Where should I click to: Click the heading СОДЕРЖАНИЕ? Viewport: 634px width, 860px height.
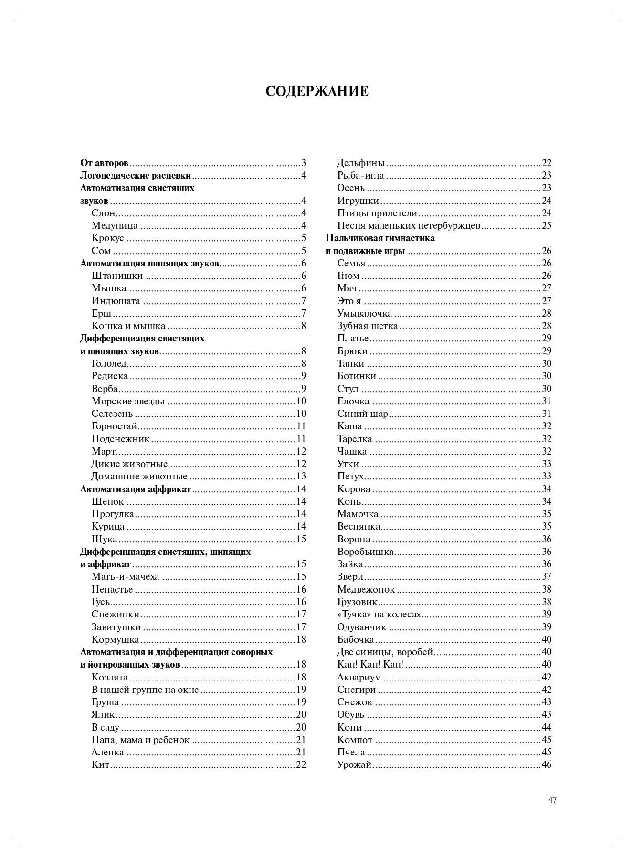coord(317,91)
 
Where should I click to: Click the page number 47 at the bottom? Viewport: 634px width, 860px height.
coord(553,800)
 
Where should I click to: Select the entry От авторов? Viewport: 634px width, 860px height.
coord(104,163)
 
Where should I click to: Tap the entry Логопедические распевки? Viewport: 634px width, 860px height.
coord(136,175)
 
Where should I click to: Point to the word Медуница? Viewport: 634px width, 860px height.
coord(115,225)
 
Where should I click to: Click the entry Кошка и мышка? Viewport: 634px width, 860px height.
coord(128,326)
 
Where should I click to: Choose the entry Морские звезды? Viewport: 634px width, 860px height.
coord(128,401)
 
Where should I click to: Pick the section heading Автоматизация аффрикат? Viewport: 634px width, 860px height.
coord(136,489)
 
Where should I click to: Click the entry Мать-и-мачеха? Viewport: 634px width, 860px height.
coord(125,576)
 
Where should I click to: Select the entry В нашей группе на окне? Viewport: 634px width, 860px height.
coord(145,690)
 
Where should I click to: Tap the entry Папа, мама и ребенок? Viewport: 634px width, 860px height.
coord(140,740)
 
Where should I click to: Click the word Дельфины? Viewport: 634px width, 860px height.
coord(361,163)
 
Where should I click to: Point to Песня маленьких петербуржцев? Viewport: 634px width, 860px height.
coord(409,225)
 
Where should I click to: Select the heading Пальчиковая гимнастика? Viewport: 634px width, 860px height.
coord(380,238)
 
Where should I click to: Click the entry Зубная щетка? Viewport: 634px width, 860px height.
coord(368,326)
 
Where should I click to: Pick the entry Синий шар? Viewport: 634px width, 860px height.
coord(363,414)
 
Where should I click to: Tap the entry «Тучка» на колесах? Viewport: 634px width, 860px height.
coord(380,614)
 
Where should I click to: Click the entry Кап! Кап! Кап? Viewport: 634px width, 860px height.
coord(370,664)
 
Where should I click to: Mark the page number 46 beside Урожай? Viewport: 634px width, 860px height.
coord(547,764)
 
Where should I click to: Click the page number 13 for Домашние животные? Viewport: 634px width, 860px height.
coord(301,476)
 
